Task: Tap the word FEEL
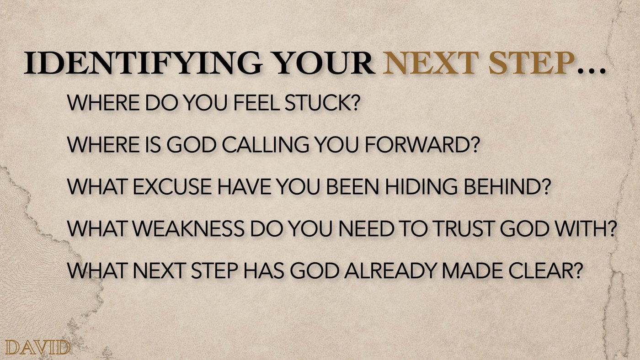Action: [257, 103]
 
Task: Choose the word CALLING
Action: [266, 145]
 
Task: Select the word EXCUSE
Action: [172, 187]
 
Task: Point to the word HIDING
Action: [421, 187]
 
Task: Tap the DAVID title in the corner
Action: [37, 348]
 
